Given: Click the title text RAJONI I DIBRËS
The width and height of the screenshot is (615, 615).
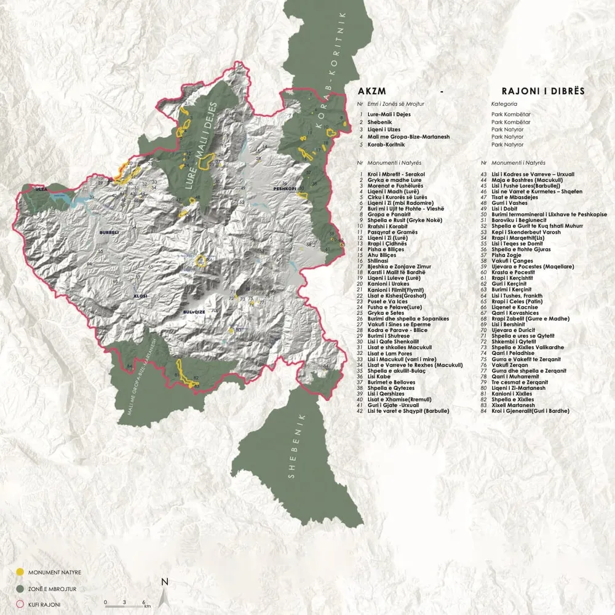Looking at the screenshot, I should coord(542,91).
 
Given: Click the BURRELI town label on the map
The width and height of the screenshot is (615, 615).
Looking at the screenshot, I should coord(107,234).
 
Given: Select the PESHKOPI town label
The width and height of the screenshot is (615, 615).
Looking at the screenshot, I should coord(285,184).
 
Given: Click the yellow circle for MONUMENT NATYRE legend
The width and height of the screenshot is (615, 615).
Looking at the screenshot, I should coord(20,571).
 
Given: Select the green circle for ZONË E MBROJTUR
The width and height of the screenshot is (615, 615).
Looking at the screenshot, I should coord(20,589).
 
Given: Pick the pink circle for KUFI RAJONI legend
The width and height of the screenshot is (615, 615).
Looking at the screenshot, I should coord(20,605).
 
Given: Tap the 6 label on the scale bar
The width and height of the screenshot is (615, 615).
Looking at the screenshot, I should coord(143,602).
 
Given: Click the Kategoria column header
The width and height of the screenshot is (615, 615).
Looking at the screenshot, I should coord(504,105).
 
